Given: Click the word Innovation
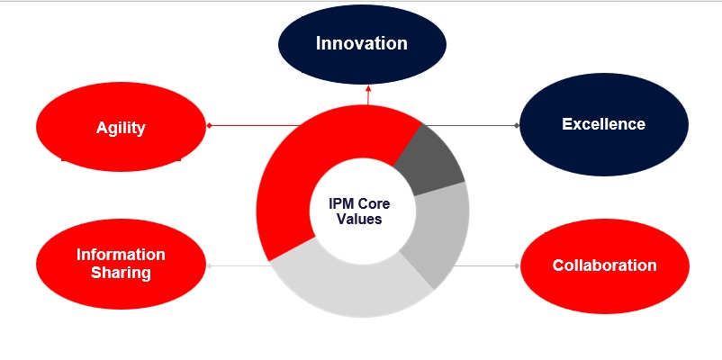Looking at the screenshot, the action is [x=362, y=43].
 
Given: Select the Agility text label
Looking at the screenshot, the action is [x=121, y=128].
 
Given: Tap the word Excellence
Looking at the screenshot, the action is [x=604, y=124].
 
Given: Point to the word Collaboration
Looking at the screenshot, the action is [x=605, y=265].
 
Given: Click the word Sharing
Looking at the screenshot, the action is [x=121, y=273].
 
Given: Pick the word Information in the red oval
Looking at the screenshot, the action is [x=121, y=255].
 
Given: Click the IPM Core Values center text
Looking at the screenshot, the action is [x=359, y=211].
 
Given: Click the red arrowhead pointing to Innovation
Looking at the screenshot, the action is [x=368, y=88].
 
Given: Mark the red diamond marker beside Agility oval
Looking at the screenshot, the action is [x=209, y=125].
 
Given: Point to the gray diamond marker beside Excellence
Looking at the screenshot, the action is [x=517, y=125].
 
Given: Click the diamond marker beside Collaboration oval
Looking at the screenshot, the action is [x=517, y=265].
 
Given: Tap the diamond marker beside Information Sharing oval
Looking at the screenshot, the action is [x=209, y=265].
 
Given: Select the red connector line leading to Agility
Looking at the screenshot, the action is [x=255, y=125].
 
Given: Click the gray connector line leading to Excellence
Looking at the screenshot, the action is [x=471, y=125].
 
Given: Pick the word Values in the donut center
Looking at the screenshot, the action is [x=359, y=219].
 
